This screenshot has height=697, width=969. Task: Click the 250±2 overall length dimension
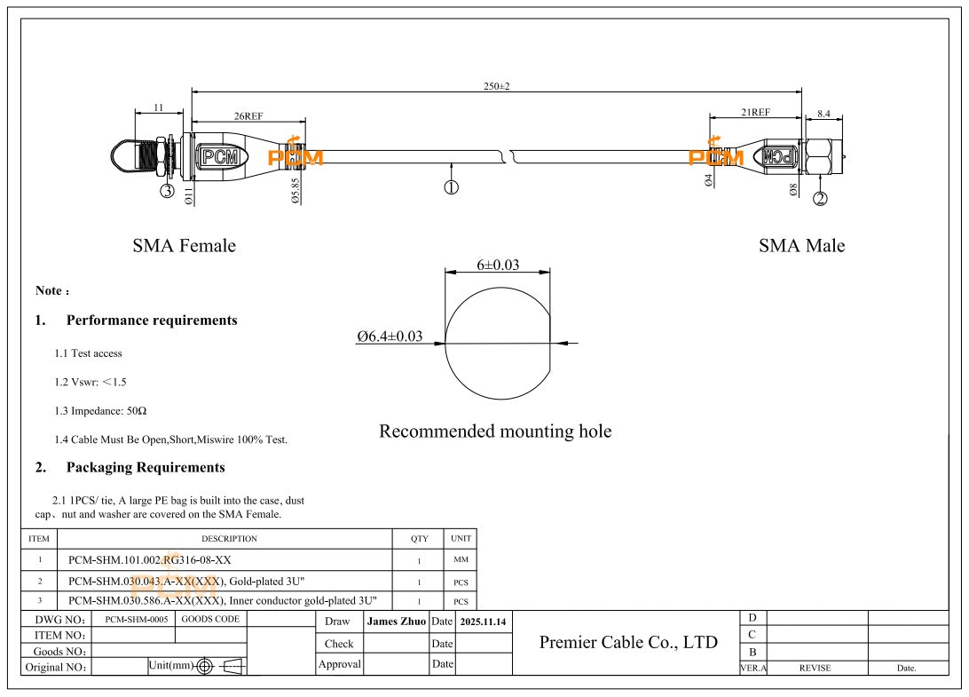pos(497,85)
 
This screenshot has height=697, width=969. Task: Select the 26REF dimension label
pos(248,116)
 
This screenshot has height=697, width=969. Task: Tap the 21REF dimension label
pos(755,113)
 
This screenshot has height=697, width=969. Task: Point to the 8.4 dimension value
pos(823,113)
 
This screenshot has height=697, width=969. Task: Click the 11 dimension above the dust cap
pos(158,107)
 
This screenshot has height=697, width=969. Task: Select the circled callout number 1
pos(451,187)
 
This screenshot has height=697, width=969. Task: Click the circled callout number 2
pos(821,199)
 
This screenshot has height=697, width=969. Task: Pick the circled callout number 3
pos(167,191)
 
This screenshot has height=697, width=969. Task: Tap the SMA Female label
pos(184,246)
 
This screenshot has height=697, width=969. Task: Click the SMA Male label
pos(801,246)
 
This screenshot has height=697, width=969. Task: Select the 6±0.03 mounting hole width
pos(498,264)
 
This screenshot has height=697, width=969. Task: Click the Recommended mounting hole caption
pos(495,432)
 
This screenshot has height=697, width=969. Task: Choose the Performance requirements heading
pos(152,321)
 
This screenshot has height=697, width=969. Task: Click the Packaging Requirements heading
pos(146,467)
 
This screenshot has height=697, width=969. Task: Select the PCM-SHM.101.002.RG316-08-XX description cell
pos(150,560)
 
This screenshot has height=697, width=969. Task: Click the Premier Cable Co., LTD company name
pos(628,642)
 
